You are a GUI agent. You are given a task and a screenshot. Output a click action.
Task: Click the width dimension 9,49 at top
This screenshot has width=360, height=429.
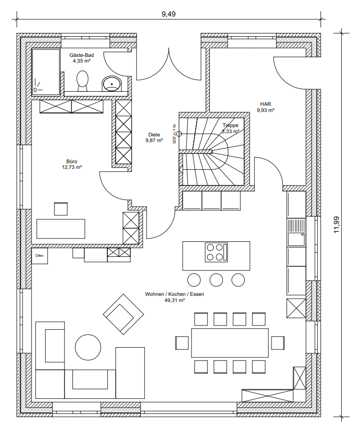[168, 14]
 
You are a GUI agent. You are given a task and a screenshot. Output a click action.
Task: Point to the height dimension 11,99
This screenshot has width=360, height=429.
[336, 225]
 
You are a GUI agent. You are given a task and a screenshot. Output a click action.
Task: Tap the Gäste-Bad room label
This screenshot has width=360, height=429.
[81, 55]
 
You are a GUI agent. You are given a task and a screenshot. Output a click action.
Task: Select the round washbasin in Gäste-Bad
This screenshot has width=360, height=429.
[112, 83]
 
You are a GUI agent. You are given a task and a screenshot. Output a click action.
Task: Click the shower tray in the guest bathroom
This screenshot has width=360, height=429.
[46, 72]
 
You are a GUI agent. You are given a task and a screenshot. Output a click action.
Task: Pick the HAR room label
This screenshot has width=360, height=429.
[265, 104]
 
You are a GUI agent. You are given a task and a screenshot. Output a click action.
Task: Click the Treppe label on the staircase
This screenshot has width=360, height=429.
[231, 125]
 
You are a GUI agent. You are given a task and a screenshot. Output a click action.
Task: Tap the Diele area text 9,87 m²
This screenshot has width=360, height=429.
[154, 141]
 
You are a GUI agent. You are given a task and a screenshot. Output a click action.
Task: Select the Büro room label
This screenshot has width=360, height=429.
[72, 161]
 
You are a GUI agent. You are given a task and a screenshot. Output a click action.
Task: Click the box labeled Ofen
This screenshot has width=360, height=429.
[40, 256]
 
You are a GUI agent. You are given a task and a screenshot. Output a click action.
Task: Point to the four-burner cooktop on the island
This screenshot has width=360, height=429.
[216, 252]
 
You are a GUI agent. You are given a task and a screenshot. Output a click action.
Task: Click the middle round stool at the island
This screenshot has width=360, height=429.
[216, 280]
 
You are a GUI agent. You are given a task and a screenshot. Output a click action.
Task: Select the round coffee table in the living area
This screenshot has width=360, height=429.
[88, 347]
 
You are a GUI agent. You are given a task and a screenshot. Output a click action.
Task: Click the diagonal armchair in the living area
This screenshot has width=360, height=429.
[123, 314]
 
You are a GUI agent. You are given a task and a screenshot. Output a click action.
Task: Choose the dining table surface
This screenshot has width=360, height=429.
[230, 343]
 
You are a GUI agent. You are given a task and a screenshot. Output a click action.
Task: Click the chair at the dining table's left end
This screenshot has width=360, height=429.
[182, 343]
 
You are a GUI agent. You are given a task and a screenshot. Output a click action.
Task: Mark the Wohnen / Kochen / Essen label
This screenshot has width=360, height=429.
[175, 294]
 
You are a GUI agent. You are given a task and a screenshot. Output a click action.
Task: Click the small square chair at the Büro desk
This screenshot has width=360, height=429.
[61, 209]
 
